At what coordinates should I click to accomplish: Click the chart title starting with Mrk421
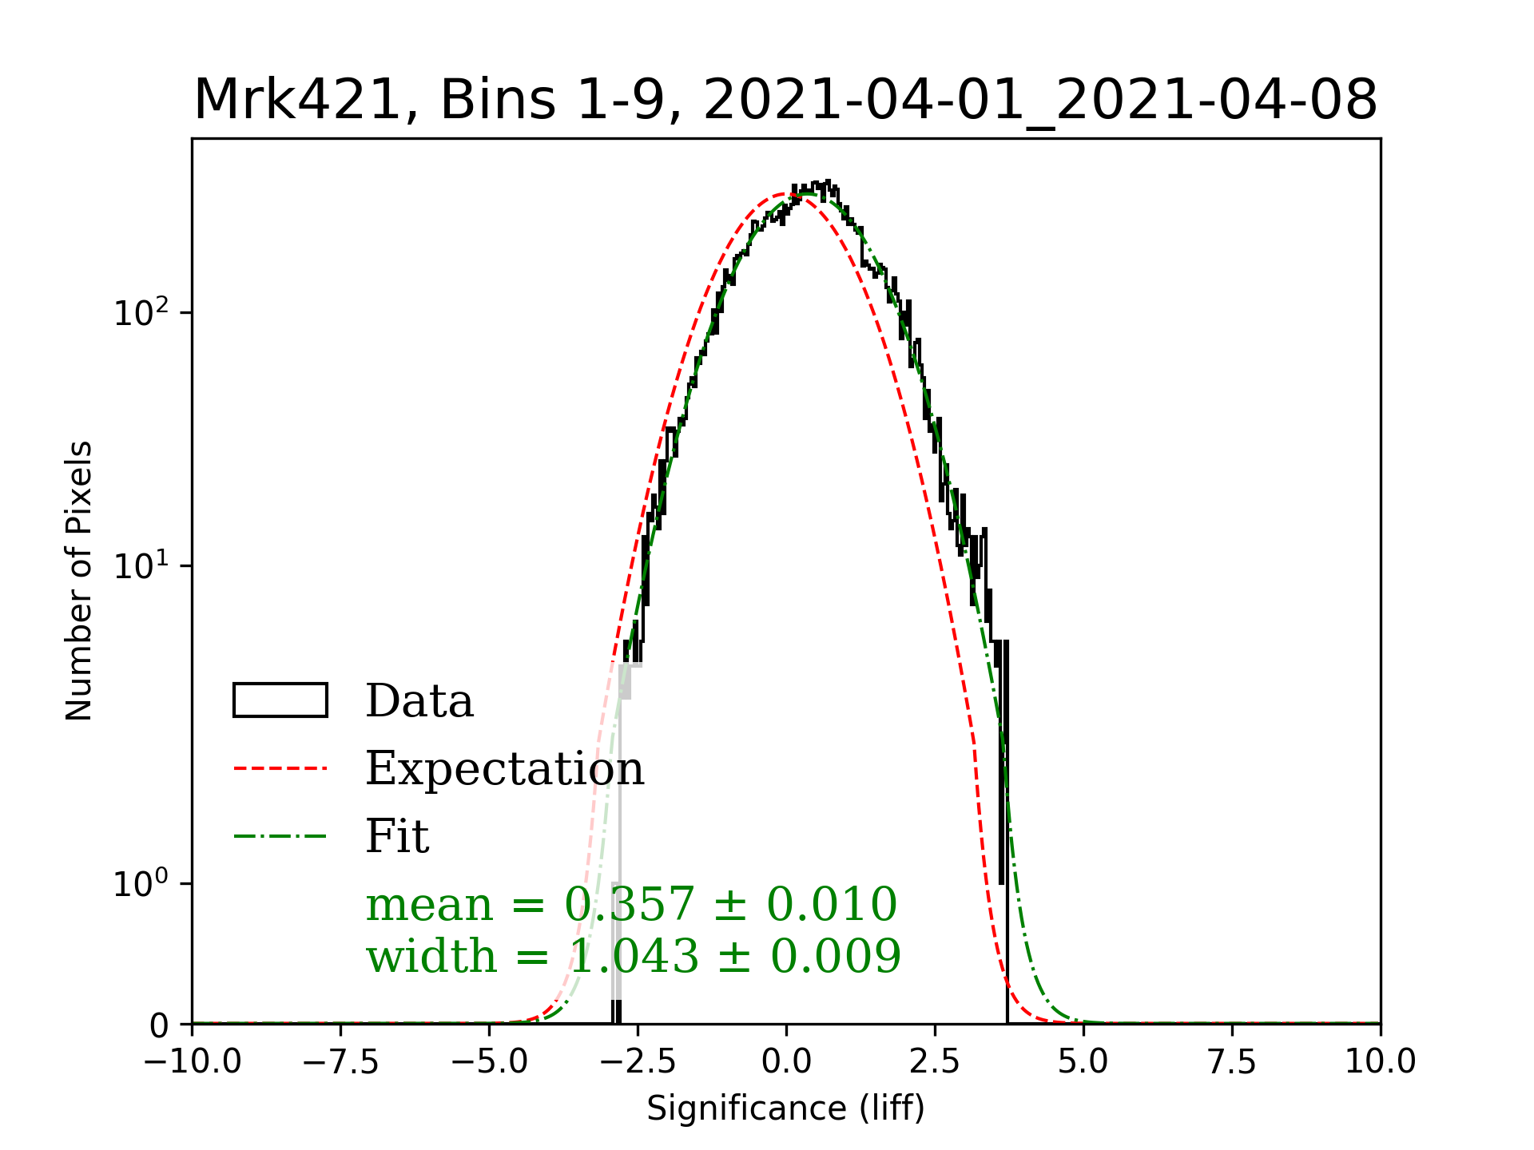pos(785,101)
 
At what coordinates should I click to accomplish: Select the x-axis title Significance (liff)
pos(785,1108)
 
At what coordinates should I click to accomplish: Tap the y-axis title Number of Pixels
pos(79,581)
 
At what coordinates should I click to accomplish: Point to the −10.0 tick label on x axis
pos(192,1062)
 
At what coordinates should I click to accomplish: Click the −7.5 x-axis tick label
pos(340,1062)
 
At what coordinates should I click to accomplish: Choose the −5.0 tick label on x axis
pos(489,1062)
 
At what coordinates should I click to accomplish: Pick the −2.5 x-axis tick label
pos(638,1062)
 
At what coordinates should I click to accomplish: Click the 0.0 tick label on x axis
pos(786,1062)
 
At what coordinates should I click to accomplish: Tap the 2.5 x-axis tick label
pos(935,1062)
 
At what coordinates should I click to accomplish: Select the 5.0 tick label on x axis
pos(1083,1062)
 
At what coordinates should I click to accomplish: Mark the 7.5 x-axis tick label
pos(1232,1062)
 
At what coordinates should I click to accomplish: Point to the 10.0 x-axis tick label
pos(1381,1062)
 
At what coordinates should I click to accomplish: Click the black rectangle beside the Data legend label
pos(280,700)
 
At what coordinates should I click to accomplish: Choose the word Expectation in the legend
pos(504,769)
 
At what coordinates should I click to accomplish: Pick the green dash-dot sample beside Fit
pos(280,837)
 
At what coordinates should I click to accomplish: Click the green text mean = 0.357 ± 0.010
pos(631,905)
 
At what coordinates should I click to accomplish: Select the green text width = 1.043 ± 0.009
pos(633,957)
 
